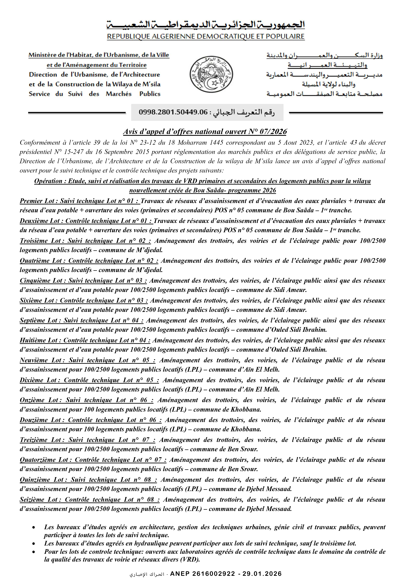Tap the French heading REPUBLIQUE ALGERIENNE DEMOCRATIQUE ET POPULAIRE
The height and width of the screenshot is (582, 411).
point(206,36)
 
